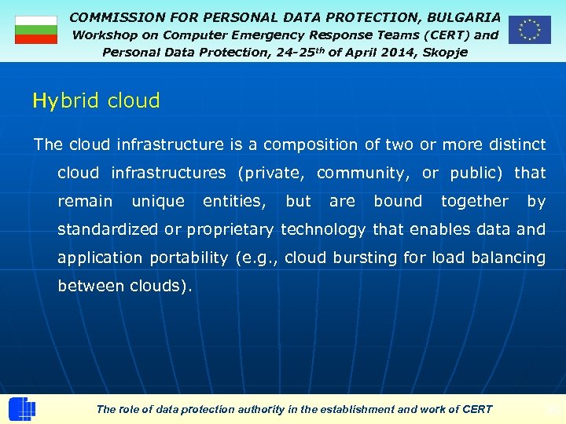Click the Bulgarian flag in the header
point(36,30)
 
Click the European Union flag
point(529,30)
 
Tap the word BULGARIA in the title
point(463,16)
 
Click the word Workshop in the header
point(105,35)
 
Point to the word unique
point(158,201)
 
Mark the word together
point(475,201)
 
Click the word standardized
point(108,229)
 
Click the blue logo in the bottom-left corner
point(21,409)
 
